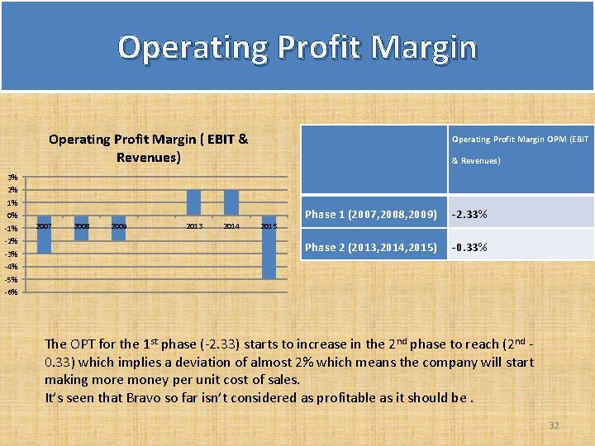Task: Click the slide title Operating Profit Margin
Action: (297, 47)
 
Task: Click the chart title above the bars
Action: (148, 148)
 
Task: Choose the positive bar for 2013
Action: (194, 202)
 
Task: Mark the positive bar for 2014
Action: (231, 202)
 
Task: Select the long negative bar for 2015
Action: (269, 247)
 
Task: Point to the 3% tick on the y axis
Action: (12, 178)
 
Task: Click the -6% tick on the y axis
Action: (11, 292)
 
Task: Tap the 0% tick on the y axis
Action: (12, 216)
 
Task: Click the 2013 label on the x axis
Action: (194, 225)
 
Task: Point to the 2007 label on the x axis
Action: (44, 225)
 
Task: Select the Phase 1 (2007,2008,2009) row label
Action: (370, 215)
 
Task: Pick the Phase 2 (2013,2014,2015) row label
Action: (370, 247)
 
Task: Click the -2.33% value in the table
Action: (469, 215)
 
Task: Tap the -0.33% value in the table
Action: (469, 247)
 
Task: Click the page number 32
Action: (554, 425)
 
